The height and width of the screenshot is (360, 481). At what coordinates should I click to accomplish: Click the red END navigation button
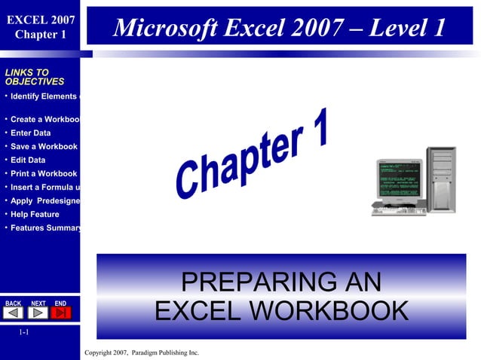(x=62, y=313)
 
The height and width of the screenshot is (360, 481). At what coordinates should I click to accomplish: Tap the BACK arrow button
(x=14, y=313)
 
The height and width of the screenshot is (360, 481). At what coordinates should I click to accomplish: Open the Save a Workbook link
(x=43, y=147)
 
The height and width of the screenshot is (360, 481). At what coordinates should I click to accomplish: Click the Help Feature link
(x=34, y=215)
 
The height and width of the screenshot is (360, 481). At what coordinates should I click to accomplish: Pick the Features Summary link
(x=45, y=228)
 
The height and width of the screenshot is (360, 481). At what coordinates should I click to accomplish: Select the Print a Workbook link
(x=43, y=174)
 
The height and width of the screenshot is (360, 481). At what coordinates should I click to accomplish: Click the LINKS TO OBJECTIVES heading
(x=34, y=77)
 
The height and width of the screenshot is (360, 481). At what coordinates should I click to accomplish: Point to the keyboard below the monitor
(x=398, y=211)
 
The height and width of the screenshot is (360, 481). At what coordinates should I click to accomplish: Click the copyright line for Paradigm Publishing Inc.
(x=142, y=352)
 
